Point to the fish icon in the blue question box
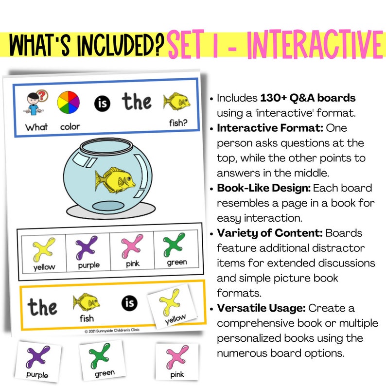176,102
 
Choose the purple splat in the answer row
88,247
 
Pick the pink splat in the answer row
132,246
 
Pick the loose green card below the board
101,359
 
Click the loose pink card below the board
177,360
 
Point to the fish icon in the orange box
86,303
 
